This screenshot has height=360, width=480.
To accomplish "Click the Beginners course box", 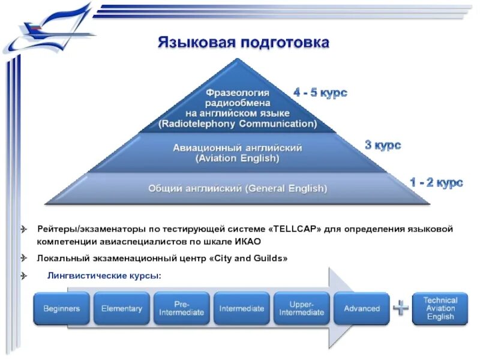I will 61,308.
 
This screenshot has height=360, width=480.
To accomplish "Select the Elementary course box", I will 122,308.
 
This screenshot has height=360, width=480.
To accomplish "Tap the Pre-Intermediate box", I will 182,308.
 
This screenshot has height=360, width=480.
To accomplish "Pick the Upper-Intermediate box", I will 302,308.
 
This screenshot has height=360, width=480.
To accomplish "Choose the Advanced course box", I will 362,308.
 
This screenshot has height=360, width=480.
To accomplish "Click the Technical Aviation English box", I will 440,308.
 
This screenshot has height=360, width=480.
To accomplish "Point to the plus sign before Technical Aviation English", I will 401,308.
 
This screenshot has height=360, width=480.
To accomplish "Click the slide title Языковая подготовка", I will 244,43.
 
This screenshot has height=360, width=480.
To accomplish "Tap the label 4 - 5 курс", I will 320,93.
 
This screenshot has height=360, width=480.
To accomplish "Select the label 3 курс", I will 383,145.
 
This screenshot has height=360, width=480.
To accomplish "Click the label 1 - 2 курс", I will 436,182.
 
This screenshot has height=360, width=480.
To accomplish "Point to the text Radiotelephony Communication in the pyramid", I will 238,124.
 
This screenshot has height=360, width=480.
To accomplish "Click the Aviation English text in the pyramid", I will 238,158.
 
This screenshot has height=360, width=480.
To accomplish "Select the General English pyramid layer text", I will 238,188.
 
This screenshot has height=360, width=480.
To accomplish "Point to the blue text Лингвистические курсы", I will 104,275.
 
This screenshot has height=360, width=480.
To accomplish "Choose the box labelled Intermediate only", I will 242,308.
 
